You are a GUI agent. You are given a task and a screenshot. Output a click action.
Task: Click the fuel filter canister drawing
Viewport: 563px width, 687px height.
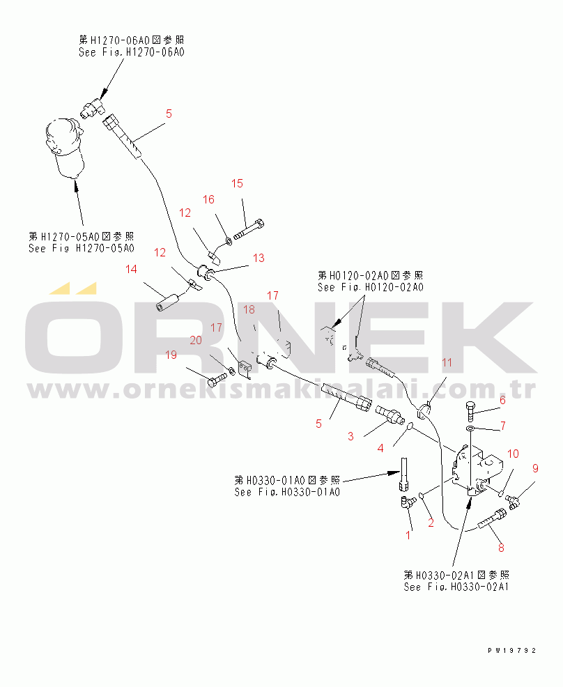(65, 148)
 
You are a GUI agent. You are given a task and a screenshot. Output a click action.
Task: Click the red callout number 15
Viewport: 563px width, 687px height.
(237, 183)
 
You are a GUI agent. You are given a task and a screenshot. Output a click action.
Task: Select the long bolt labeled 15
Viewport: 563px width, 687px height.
(249, 230)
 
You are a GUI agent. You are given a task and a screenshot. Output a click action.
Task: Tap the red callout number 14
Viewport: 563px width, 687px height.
(131, 269)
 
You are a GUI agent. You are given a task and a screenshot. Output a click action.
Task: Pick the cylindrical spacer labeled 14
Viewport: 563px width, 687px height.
(169, 302)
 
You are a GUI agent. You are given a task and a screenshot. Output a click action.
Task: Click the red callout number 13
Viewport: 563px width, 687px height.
(259, 258)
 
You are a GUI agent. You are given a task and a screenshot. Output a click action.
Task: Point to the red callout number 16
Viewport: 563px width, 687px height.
(208, 199)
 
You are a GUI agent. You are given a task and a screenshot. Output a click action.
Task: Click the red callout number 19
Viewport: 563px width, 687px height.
(171, 355)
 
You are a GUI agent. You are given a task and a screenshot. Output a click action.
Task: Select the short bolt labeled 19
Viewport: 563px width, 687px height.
(216, 380)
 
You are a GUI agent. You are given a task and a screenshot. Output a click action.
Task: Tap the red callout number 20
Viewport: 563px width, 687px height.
(196, 340)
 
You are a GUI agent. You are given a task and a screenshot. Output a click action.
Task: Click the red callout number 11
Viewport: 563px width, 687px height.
(447, 362)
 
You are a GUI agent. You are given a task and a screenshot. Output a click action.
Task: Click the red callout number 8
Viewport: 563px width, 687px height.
(501, 547)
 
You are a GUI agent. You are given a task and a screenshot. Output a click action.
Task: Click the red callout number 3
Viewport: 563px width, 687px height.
(350, 436)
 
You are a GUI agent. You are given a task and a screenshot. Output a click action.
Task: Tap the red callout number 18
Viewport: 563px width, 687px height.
(249, 309)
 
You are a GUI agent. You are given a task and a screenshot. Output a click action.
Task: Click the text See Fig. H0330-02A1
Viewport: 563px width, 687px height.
(456, 587)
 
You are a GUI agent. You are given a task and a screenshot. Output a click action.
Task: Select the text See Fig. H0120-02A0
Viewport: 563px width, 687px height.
(371, 288)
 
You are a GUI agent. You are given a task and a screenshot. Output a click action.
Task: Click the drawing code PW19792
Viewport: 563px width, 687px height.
(511, 651)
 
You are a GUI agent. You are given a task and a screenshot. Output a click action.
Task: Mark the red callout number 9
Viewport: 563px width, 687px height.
(535, 468)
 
